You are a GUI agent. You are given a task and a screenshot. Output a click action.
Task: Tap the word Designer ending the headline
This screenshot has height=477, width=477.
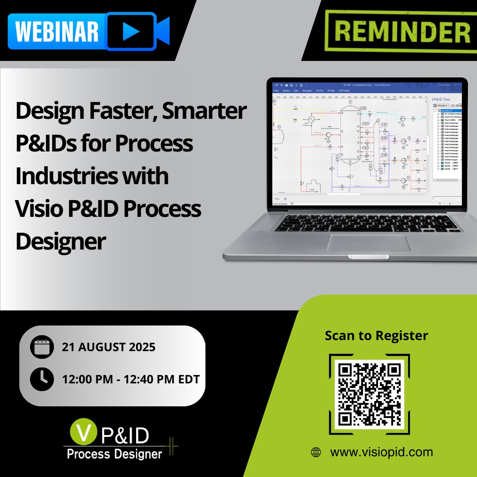61,241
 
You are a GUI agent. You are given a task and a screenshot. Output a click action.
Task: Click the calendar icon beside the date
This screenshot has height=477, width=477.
42,347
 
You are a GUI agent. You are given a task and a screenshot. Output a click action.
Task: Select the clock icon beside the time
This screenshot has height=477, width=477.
42,379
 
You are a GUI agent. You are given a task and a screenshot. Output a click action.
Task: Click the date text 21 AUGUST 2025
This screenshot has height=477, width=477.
109,347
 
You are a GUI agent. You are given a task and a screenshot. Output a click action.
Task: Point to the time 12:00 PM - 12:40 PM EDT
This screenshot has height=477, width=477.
131,379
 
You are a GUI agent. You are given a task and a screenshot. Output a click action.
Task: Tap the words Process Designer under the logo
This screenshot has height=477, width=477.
114,454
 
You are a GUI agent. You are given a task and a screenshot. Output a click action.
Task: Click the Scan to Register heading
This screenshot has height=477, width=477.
376,335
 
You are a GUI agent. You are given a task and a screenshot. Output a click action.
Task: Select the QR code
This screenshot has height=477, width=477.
369,393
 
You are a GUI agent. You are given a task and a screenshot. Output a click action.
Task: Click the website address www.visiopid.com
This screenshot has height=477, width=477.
382,452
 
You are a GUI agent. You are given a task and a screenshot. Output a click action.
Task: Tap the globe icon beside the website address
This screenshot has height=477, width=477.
316,452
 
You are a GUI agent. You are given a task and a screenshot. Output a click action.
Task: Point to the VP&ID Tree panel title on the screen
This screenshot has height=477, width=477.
441,99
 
